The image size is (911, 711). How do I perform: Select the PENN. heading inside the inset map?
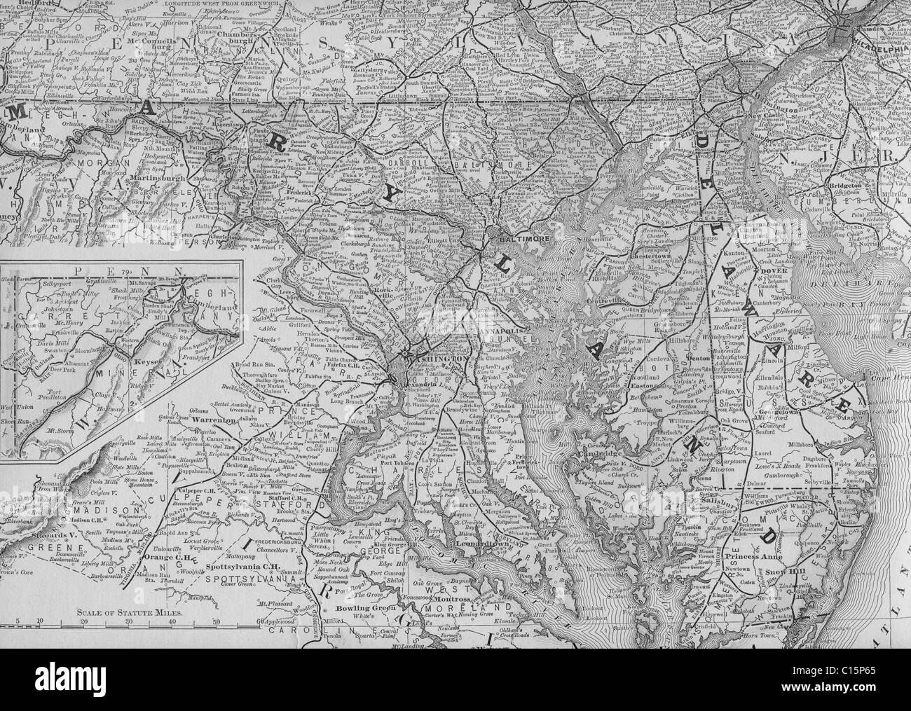click(x=119, y=270)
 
